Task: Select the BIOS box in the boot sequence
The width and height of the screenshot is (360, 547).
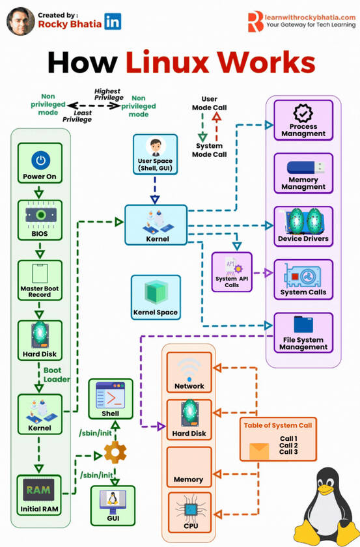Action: pyautogui.click(x=40, y=219)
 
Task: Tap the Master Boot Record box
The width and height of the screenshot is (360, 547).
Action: pyautogui.click(x=40, y=280)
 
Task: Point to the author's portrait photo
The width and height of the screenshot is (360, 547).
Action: pyautogui.click(x=20, y=21)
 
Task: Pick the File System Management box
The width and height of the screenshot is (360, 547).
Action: pyautogui.click(x=303, y=332)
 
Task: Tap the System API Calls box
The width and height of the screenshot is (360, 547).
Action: pyautogui.click(x=231, y=272)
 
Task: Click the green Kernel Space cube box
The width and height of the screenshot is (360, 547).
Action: pyautogui.click(x=155, y=296)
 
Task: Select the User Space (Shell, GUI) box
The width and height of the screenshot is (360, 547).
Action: pyautogui.click(x=155, y=154)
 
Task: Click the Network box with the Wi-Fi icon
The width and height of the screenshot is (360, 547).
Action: pyautogui.click(x=189, y=372)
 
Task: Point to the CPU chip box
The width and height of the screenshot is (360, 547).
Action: pyautogui.click(x=189, y=512)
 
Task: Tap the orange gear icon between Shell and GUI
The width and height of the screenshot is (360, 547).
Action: pyautogui.click(x=115, y=451)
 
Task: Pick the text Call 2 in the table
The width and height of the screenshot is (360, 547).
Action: pyautogui.click(x=288, y=445)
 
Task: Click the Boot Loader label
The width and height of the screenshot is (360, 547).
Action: pyautogui.click(x=57, y=374)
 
